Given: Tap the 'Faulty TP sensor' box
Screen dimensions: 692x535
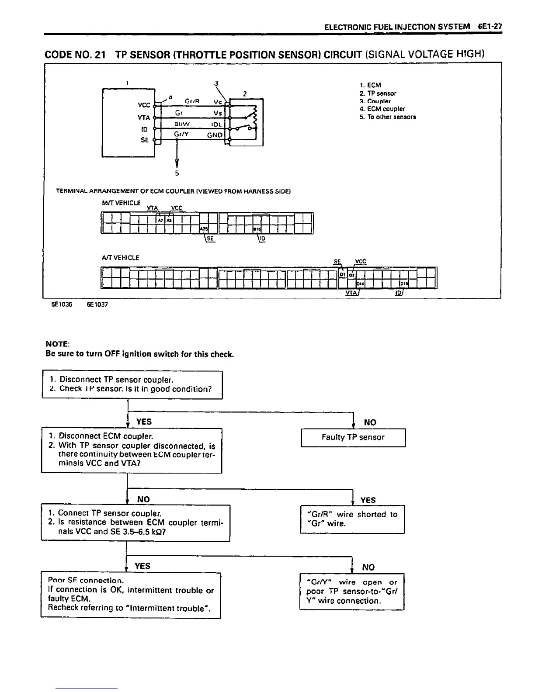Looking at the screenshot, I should (353, 437).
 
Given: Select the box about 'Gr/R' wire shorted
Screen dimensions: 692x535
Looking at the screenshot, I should (352, 519).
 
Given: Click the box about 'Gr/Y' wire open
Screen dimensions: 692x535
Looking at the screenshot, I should (352, 592).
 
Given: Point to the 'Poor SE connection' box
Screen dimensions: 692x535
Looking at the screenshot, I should (131, 595).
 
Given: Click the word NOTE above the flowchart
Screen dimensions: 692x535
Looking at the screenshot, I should (55, 344).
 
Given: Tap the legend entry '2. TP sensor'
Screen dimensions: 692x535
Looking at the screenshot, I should (378, 93).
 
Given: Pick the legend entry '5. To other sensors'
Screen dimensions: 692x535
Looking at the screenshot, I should (388, 117).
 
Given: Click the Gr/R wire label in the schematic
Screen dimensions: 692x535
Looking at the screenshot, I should (192, 101).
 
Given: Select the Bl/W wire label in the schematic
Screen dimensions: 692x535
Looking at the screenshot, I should (181, 124).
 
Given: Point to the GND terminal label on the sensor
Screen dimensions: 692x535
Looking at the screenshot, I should (215, 135).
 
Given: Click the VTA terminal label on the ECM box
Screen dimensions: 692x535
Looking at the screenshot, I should (144, 118).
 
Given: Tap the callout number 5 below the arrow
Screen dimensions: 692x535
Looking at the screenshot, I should (177, 173).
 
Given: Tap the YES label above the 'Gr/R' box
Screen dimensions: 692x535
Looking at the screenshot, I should (368, 500).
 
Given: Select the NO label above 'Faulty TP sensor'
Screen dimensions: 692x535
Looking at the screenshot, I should (370, 422).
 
